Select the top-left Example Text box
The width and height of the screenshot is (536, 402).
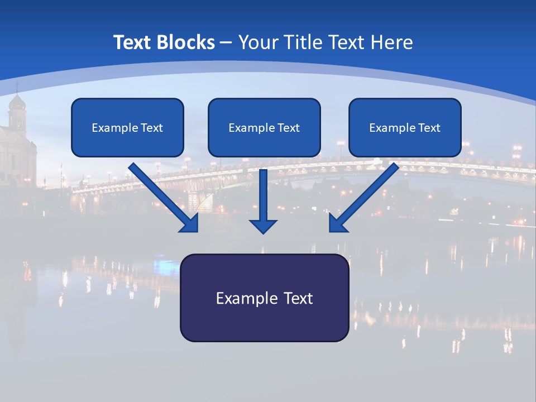point(127,128)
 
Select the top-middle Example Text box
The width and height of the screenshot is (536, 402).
point(264,128)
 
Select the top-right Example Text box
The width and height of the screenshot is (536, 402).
point(405,128)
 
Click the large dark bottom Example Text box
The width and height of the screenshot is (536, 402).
point(264,298)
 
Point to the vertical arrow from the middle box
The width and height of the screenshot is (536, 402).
point(263,195)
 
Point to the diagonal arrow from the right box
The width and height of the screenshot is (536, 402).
point(366,195)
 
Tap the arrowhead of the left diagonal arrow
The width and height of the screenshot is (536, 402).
point(190,223)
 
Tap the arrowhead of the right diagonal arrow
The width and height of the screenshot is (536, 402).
point(337,223)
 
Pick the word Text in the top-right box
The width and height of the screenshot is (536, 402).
point(429,128)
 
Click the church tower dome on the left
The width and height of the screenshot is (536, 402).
point(17,102)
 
